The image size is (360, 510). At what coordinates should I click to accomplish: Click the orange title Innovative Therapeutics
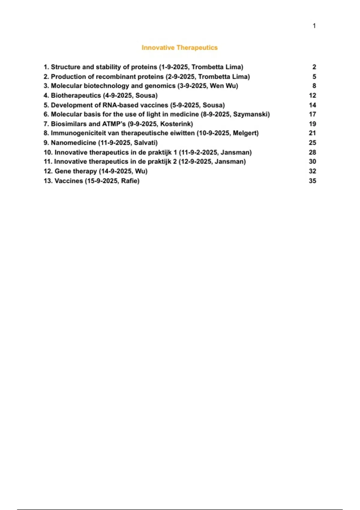click(179, 48)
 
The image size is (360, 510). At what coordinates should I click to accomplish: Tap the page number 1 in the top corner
click(314, 26)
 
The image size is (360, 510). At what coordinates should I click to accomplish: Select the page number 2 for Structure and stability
click(314, 67)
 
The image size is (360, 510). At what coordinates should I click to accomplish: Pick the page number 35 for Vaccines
click(312, 181)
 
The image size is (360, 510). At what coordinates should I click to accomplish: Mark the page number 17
click(312, 114)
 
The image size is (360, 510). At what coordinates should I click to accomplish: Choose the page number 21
click(312, 133)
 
